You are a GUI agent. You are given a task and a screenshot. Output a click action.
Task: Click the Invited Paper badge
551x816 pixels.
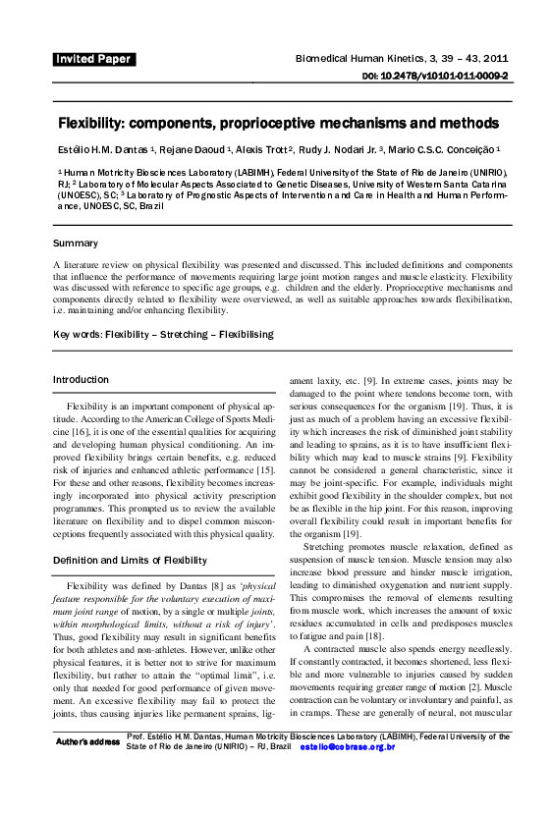pyautogui.click(x=94, y=59)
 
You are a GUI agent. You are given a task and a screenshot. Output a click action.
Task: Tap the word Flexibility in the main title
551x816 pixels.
pyautogui.click(x=89, y=125)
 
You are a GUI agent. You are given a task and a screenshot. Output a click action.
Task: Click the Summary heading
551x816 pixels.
pyautogui.click(x=76, y=243)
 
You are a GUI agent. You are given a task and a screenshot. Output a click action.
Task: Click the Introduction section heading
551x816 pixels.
pyautogui.click(x=81, y=380)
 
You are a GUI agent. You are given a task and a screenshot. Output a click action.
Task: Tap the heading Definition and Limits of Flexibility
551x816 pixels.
pyautogui.click(x=130, y=560)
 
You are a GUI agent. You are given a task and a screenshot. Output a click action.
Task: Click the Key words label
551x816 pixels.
pyautogui.click(x=78, y=335)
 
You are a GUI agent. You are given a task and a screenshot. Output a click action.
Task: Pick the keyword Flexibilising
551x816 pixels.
pyautogui.click(x=241, y=335)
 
